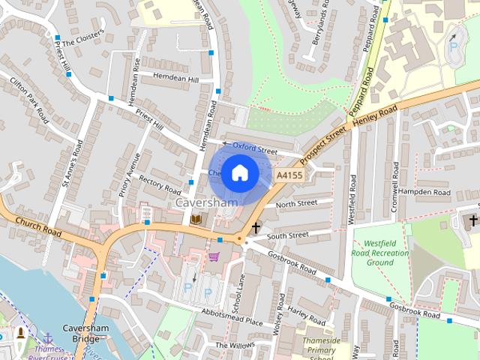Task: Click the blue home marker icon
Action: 239,172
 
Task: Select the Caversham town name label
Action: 206,202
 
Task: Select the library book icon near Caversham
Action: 196,219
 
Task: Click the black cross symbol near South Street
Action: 256,226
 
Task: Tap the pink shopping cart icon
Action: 214,256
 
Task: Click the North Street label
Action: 296,204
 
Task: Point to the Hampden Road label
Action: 424,192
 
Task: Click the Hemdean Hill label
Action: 175,79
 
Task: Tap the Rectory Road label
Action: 160,185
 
